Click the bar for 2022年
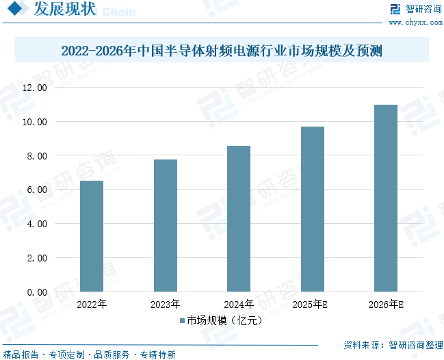92,236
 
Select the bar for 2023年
166,226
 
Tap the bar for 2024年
239,219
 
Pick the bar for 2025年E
312,209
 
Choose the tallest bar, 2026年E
386,198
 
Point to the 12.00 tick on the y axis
34,88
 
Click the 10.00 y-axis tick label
34,122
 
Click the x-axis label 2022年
92,305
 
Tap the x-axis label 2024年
239,305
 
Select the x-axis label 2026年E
386,305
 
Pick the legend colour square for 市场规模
182,320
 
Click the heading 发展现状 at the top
64,10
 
